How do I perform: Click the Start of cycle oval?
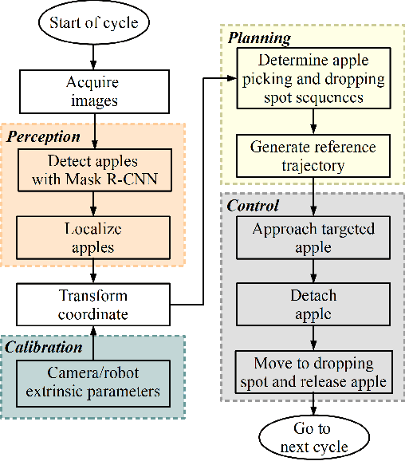click(94, 22)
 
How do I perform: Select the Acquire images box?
click(94, 91)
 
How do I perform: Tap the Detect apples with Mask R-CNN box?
click(94, 171)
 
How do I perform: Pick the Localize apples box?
click(94, 237)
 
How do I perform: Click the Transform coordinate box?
click(94, 304)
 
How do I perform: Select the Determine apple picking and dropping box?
click(313, 78)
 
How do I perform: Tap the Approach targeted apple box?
click(313, 238)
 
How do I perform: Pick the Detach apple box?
click(313, 304)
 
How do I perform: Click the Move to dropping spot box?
click(313, 372)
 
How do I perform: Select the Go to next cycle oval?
click(313, 438)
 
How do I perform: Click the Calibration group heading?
click(45, 347)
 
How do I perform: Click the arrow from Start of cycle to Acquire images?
click(94, 56)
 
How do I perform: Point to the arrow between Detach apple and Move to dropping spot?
click(313, 337)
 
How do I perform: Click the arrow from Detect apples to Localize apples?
click(94, 203)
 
